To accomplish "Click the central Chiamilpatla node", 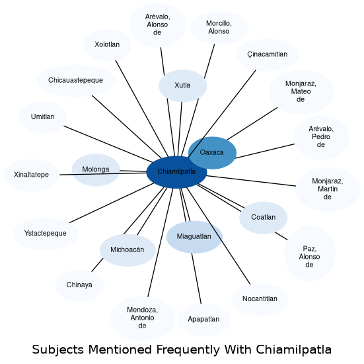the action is point(176,172).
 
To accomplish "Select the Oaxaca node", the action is point(212,153).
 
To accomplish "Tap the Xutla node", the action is point(183,86).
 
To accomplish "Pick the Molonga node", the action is point(96,170).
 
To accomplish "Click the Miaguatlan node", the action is point(194,237).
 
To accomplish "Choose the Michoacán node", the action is point(127,250).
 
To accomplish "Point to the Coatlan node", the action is point(263,218).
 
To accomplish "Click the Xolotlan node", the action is point(107,45).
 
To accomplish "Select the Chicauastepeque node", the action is point(76,81).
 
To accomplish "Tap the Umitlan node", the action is point(43,117).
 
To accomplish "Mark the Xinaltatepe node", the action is point(31,175).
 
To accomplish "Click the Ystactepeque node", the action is point(46,234).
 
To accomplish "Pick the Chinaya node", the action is point(79,285).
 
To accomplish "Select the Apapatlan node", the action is point(204,320).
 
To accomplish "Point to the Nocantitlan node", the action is point(260,299).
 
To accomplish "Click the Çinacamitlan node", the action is point(268,55).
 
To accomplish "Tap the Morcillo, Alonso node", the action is point(219,28).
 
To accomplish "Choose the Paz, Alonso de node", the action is point(310,253).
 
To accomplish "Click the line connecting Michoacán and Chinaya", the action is point(97,265).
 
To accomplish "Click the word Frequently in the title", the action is point(188,349).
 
